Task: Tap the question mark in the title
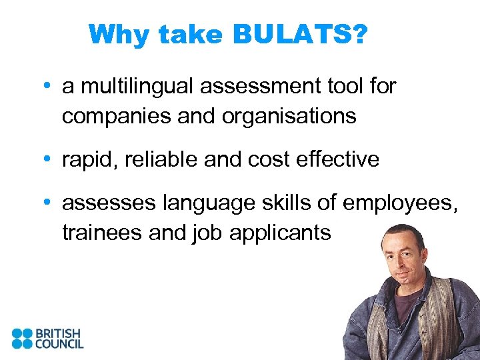[x=359, y=34]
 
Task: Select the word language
[x=207, y=203]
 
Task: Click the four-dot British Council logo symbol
[x=22, y=339]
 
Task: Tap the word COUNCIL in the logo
[x=59, y=344]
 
